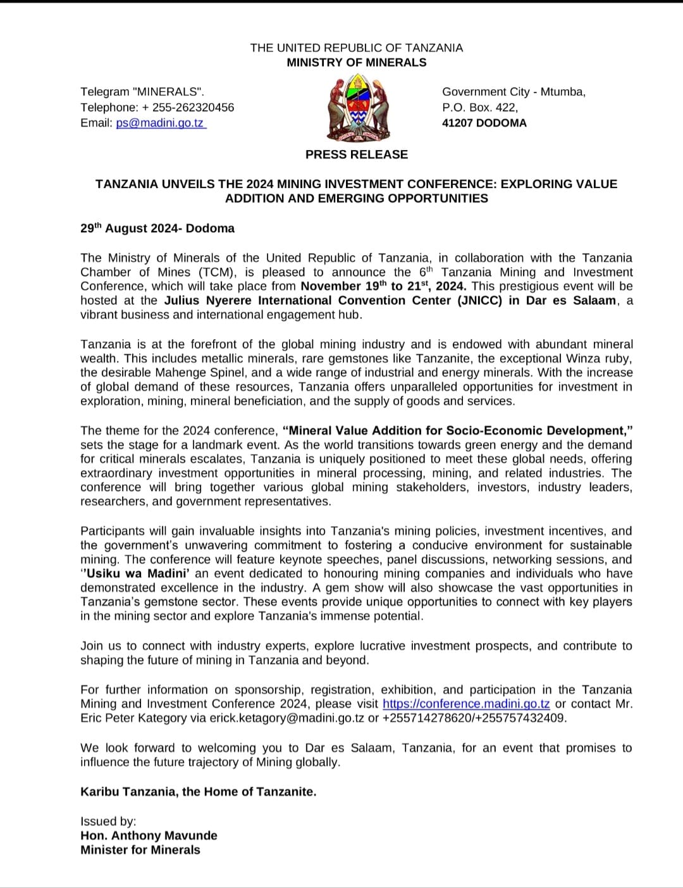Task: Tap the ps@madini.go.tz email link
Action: tap(160, 123)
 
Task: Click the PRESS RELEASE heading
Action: tap(357, 154)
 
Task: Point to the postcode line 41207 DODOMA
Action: tap(484, 123)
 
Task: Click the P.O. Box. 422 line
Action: tap(479, 107)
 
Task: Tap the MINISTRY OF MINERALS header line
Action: tap(357, 63)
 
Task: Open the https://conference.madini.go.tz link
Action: tap(466, 704)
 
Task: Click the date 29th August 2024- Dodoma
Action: tap(157, 228)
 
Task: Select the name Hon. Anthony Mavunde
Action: tap(149, 835)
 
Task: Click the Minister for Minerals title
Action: tap(140, 850)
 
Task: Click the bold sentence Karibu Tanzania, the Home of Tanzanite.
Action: tap(198, 792)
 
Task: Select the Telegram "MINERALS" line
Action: tap(142, 92)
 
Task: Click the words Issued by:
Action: tap(108, 822)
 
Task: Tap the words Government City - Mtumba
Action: tap(514, 92)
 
